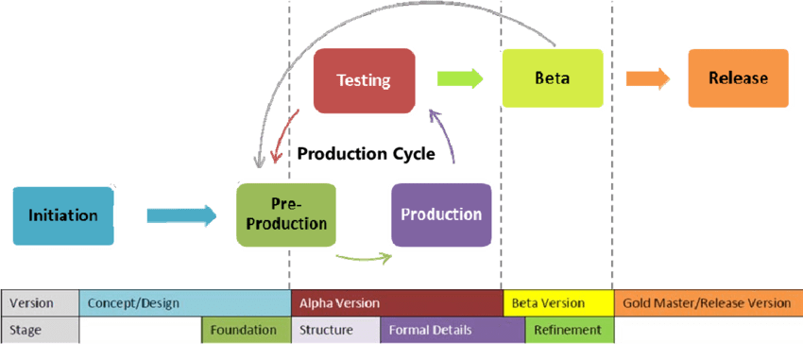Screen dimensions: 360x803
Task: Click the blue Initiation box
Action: point(63,215)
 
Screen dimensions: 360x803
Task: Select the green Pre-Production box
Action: point(286,215)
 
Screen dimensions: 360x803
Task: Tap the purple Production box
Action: point(441,214)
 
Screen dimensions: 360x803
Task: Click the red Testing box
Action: point(364,80)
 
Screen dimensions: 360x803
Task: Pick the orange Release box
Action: point(738,79)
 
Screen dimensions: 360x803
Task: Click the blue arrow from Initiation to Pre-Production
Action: point(181,215)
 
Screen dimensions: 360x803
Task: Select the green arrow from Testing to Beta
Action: point(460,79)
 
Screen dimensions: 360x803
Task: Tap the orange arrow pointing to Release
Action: point(647,79)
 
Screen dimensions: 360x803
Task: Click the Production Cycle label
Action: point(366,153)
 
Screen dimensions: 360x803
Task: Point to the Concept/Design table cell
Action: point(185,303)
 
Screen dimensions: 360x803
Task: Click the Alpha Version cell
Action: point(397,303)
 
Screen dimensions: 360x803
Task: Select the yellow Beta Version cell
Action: point(557,303)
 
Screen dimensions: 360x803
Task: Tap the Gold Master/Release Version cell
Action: point(708,303)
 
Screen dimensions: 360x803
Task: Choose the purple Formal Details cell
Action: point(452,330)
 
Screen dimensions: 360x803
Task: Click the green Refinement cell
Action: point(569,330)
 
